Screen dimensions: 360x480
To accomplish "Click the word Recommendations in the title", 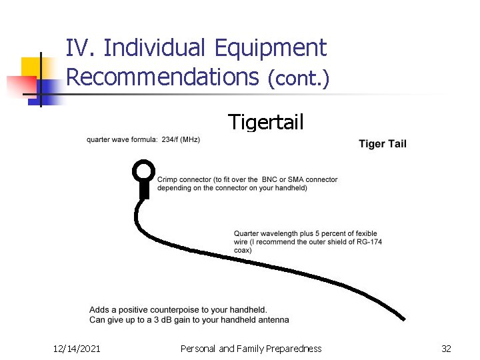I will click(x=162, y=77).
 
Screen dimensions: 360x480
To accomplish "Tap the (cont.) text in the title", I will click(x=298, y=79).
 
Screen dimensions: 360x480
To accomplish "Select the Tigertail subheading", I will click(x=265, y=122).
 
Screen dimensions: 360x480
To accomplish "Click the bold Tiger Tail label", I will click(x=382, y=143).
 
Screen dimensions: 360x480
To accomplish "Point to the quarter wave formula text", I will click(x=143, y=139).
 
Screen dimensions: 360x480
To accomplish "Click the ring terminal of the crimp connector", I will click(x=143, y=171).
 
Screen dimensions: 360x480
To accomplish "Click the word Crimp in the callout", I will click(x=167, y=179).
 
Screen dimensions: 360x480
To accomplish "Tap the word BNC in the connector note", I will click(x=269, y=179).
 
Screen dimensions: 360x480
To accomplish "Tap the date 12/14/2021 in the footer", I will click(x=77, y=348).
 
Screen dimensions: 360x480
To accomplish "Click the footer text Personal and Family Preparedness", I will click(x=251, y=348).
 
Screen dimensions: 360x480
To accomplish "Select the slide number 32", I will click(x=446, y=348).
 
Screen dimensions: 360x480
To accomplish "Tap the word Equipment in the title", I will click(x=271, y=48).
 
